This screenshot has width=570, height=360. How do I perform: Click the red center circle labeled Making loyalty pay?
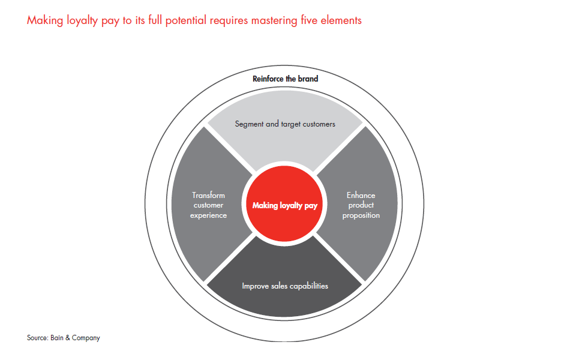285,205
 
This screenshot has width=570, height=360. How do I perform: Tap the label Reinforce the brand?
285,79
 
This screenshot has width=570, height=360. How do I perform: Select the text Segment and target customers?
285,124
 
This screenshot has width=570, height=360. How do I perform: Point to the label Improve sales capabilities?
285,286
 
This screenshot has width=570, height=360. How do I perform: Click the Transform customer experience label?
208,205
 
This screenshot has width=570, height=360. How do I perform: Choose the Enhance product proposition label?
361,205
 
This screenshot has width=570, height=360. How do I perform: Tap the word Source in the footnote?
37,338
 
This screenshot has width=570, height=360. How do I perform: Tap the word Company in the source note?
87,338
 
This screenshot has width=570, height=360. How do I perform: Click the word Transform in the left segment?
208,195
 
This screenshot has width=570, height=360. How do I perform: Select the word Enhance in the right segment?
361,195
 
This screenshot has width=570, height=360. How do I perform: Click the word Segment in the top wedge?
248,124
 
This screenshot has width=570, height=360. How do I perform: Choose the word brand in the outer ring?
307,79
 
